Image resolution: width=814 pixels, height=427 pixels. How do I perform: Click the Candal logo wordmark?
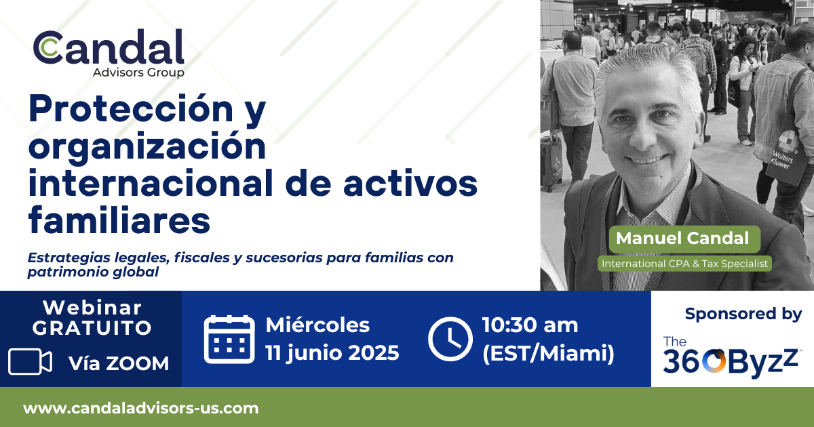pyautogui.click(x=109, y=47)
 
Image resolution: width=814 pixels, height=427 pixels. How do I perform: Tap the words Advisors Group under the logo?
pyautogui.click(x=138, y=73)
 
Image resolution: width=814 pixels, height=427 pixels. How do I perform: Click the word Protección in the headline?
pyautogui.click(x=131, y=108)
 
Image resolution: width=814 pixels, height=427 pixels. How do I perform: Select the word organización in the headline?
pyautogui.click(x=147, y=148)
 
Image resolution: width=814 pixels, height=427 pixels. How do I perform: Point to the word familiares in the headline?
pyautogui.click(x=119, y=220)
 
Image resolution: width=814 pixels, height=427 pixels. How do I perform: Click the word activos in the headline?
pyautogui.click(x=410, y=184)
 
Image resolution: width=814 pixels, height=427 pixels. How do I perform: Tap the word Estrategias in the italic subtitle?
pyautogui.click(x=69, y=258)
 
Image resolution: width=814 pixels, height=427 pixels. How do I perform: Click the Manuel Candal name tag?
pyautogui.click(x=684, y=239)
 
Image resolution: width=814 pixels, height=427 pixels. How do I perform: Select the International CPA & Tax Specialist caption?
pyautogui.click(x=684, y=264)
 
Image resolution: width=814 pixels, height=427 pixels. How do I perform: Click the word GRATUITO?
pyautogui.click(x=92, y=328)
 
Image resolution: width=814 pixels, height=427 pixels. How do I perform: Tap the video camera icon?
pyautogui.click(x=30, y=361)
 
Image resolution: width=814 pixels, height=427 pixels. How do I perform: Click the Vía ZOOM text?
pyautogui.click(x=119, y=363)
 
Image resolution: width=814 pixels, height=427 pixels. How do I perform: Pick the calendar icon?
pyautogui.click(x=229, y=340)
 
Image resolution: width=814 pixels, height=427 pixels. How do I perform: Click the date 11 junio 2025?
pyautogui.click(x=332, y=353)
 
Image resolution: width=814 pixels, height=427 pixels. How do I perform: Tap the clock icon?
pyautogui.click(x=450, y=339)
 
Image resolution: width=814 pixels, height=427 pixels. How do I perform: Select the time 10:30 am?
pyautogui.click(x=530, y=325)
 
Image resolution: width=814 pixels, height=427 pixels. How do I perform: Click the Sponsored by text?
pyautogui.click(x=743, y=314)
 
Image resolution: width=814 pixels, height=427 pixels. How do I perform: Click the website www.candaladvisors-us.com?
pyautogui.click(x=141, y=408)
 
